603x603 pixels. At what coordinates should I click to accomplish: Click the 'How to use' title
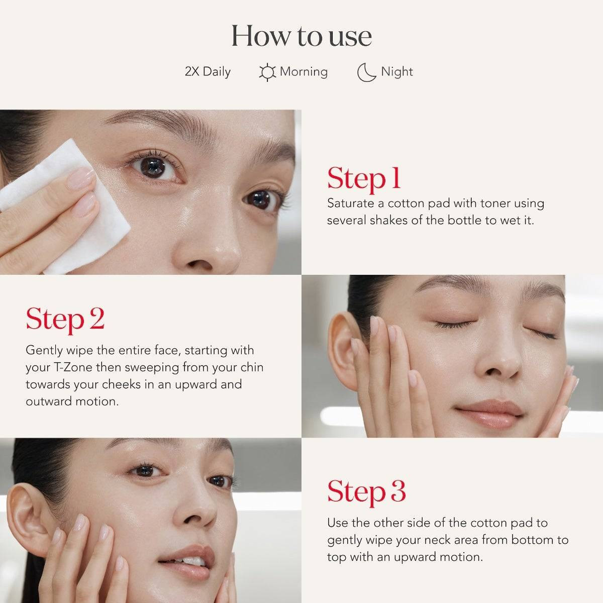301,36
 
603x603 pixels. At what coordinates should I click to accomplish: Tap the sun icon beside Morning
267,72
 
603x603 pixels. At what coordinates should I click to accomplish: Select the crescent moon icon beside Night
366,72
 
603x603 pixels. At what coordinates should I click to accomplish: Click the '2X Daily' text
208,71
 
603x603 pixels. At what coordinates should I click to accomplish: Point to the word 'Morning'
304,71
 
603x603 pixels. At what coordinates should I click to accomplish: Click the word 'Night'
396,71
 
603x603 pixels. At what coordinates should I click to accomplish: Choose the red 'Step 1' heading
364,178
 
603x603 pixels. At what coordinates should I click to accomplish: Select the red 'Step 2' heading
65,319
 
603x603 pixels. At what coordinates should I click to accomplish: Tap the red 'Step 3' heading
366,491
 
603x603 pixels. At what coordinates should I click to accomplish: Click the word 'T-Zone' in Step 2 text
73,367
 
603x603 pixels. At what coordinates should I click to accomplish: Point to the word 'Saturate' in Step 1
350,203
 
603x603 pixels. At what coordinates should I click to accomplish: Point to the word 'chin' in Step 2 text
252,367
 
